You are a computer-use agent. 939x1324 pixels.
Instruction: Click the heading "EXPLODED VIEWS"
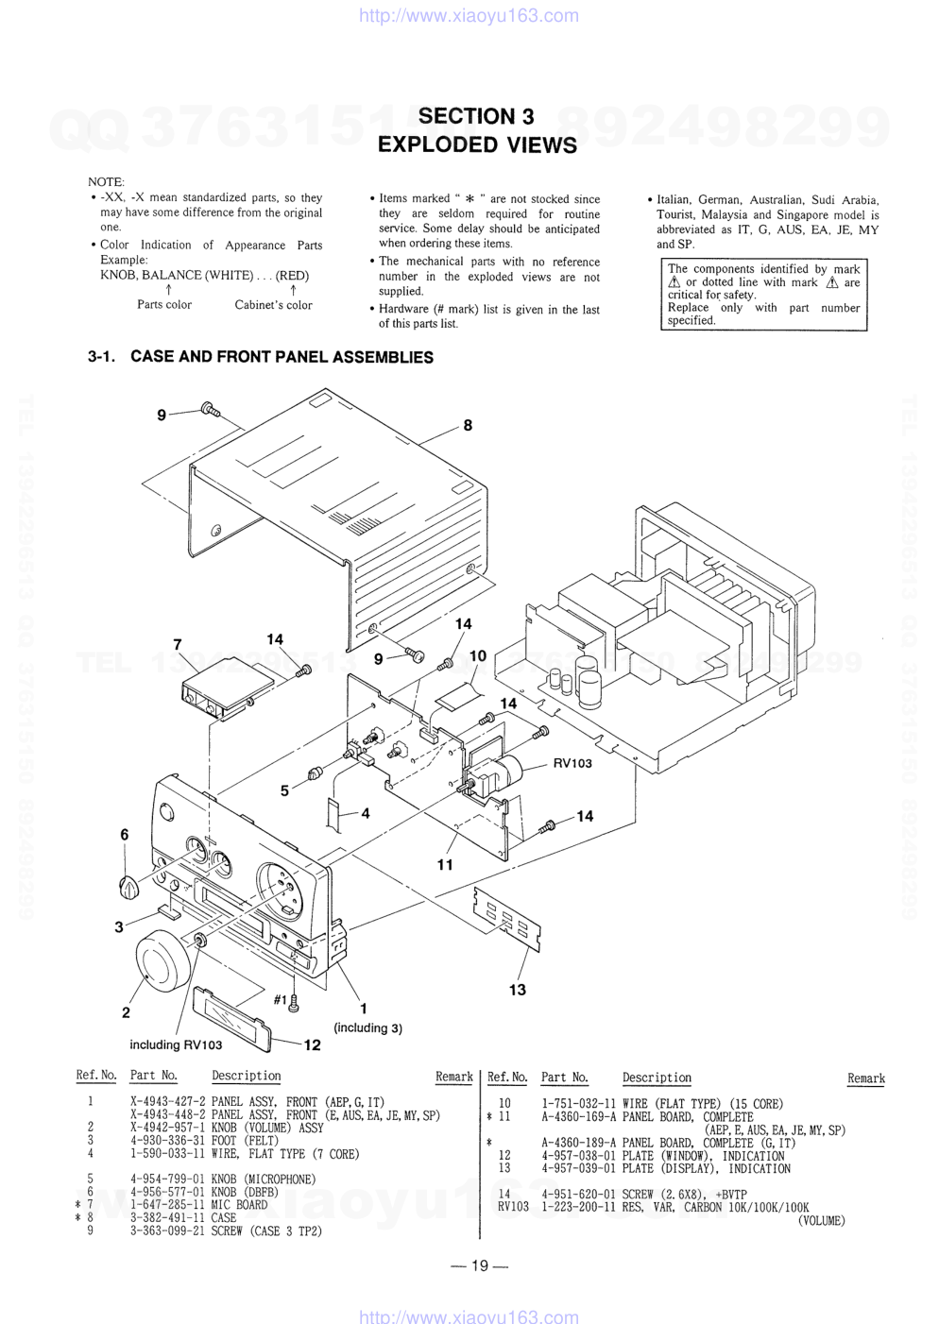[x=476, y=144]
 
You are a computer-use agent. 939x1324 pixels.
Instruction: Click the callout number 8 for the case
[x=468, y=425]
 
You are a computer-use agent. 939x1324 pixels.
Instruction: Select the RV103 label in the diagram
[x=572, y=763]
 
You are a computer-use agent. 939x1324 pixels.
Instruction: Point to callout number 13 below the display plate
[x=517, y=990]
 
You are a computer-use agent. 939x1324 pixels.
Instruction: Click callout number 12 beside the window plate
[x=312, y=1044]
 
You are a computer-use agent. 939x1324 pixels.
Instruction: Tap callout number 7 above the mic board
[x=178, y=644]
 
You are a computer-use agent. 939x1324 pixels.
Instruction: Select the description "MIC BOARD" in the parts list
[x=239, y=1205]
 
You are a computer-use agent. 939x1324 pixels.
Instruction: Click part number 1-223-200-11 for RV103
[x=578, y=1208]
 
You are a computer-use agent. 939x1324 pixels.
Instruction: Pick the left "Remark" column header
[x=453, y=1077]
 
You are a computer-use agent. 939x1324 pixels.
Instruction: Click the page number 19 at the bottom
[x=479, y=1265]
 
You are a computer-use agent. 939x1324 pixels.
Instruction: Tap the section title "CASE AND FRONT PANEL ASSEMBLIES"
[x=282, y=357]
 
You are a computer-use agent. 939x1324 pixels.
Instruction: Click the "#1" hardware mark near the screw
[x=280, y=1000]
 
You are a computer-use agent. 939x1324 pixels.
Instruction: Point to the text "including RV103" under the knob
[x=176, y=1044]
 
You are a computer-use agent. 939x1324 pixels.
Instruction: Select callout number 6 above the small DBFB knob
[x=124, y=834]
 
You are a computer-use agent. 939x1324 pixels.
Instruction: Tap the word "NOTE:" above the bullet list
[x=106, y=181]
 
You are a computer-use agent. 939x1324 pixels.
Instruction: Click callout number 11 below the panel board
[x=445, y=864]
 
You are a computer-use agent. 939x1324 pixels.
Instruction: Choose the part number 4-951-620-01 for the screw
[x=578, y=1195]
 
